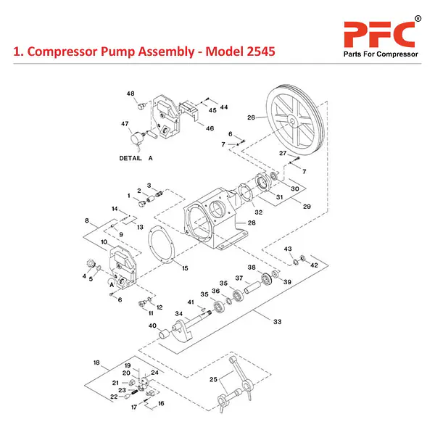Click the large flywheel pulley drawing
(293, 120)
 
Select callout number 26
(251, 117)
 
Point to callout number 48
(130, 94)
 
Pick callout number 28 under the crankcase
(231, 223)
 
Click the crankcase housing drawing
(211, 217)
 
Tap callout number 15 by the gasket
(185, 268)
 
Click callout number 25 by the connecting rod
(213, 379)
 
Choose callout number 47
(125, 124)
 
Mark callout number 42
(314, 266)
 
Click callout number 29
(307, 207)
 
